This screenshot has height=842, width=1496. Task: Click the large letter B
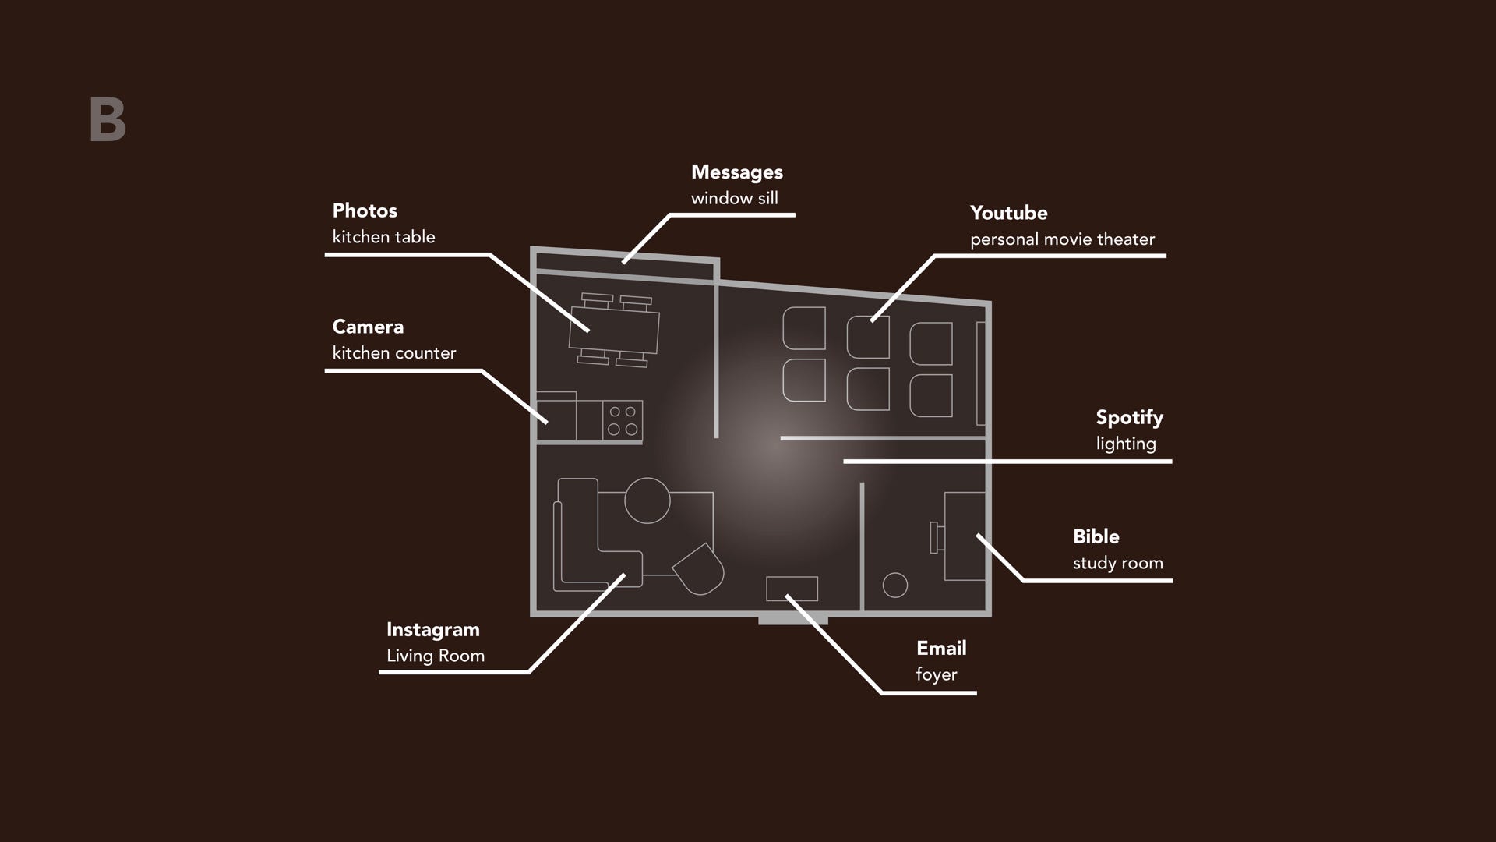[x=108, y=119]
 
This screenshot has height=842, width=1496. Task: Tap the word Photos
[x=365, y=210]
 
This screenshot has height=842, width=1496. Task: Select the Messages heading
[x=737, y=173]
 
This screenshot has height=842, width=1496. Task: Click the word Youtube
[x=1009, y=213]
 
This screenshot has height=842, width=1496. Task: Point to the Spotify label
[x=1130, y=419]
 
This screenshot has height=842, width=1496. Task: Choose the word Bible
[x=1096, y=536]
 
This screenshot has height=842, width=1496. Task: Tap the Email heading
[x=941, y=648]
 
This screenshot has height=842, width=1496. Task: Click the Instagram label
[x=433, y=631]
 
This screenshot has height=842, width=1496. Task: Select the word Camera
[x=368, y=327]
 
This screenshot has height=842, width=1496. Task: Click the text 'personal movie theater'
[x=1063, y=240]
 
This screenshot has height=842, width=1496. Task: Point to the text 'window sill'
[x=735, y=198]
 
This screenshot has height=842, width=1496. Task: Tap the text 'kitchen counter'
[x=394, y=353]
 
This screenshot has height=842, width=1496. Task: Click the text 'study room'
[x=1118, y=564]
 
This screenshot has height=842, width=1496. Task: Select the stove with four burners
[x=622, y=421]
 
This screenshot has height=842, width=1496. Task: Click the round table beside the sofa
[x=647, y=501]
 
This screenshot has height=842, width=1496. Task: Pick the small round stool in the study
[x=895, y=585]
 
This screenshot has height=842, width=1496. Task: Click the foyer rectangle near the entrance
[x=792, y=589]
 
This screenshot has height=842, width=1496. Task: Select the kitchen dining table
[x=614, y=331]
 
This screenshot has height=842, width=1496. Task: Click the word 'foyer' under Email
[x=937, y=675]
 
